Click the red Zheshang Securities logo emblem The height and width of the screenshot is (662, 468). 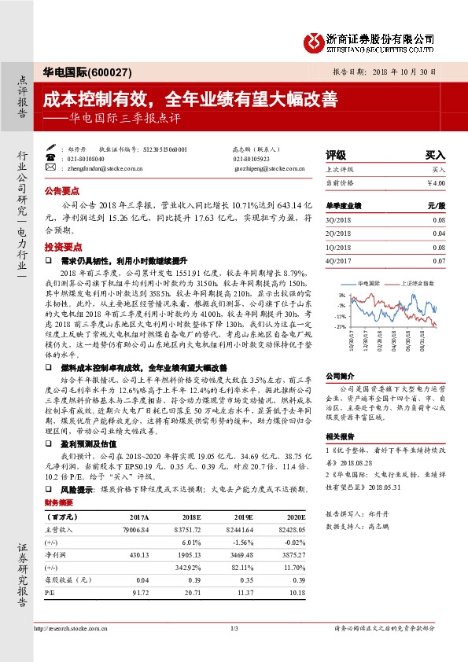[313, 39]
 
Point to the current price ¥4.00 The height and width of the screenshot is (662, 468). [436, 182]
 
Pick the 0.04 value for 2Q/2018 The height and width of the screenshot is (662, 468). [438, 234]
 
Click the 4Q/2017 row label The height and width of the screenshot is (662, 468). [338, 259]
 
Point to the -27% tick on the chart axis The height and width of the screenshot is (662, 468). [340, 325]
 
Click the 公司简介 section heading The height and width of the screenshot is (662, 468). [339, 376]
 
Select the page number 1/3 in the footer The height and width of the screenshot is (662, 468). [234, 627]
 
